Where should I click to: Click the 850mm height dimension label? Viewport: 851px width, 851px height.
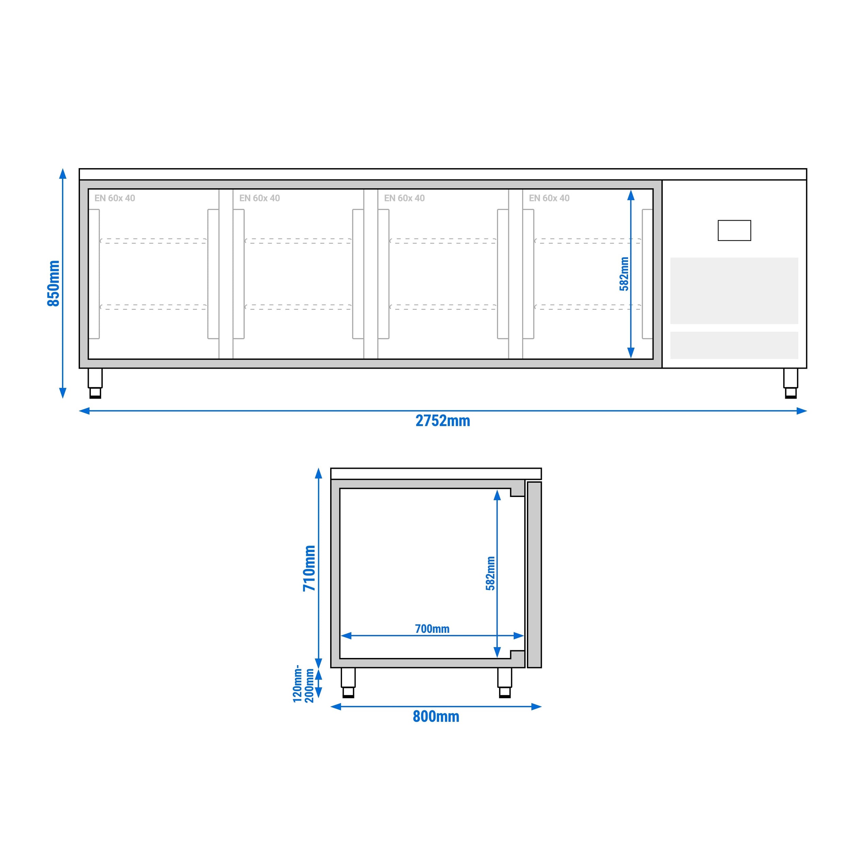tap(53, 283)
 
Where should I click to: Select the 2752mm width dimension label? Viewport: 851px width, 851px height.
tap(443, 421)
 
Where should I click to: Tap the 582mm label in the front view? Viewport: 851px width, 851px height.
tap(624, 274)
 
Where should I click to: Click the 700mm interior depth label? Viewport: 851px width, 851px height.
tap(432, 629)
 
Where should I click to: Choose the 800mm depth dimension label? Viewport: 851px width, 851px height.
tap(436, 717)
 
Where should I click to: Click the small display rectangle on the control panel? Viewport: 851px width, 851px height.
tap(734, 230)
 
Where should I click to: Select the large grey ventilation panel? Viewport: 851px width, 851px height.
tap(734, 291)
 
